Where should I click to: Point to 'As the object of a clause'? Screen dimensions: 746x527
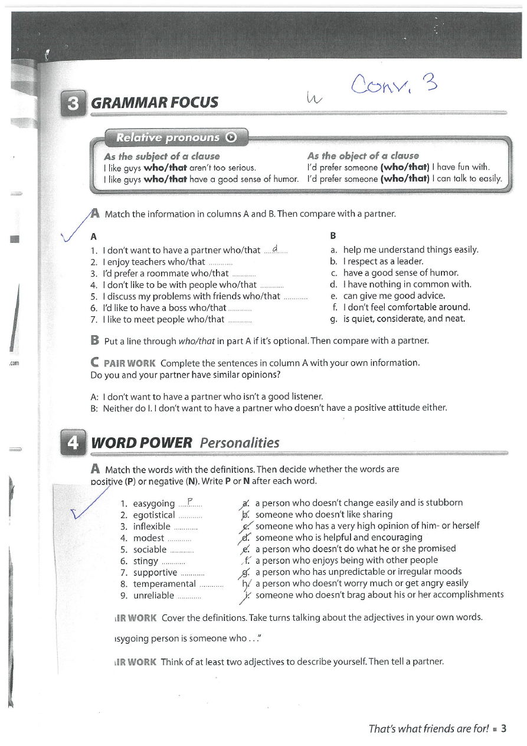tap(363, 156)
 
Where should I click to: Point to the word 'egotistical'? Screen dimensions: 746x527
tap(154, 515)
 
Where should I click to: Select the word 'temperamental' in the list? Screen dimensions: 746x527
tap(164, 584)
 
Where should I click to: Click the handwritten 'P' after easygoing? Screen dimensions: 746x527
tap(190, 502)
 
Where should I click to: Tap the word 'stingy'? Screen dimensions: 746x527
tap(145, 561)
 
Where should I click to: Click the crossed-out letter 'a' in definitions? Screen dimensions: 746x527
tap(246, 503)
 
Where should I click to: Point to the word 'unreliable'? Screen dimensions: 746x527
tap(153, 595)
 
